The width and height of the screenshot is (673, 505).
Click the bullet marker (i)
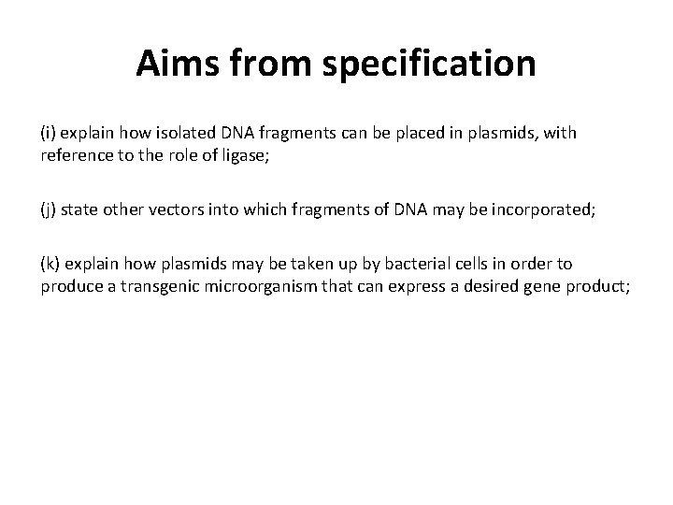49,133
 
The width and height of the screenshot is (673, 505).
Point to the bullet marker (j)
49,209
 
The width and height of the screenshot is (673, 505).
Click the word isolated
176,133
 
